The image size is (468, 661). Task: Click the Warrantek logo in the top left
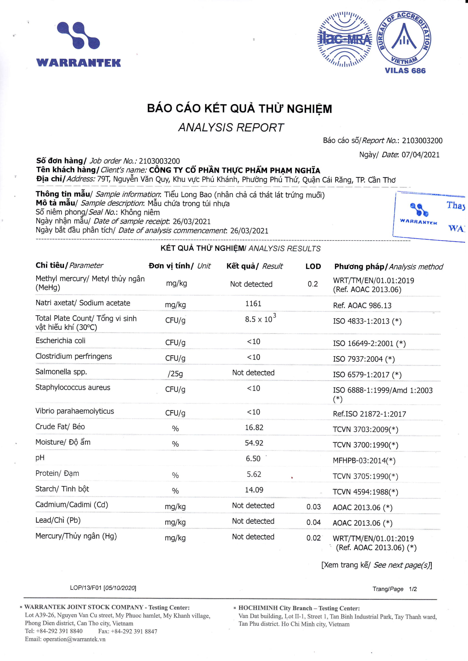click(x=78, y=45)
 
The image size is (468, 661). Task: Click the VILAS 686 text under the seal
click(x=405, y=70)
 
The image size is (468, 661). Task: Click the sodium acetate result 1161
click(x=253, y=304)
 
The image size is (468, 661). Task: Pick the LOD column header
click(x=313, y=266)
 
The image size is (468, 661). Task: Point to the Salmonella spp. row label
click(x=61, y=372)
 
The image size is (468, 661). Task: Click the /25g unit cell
click(x=175, y=374)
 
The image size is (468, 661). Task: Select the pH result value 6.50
click(x=253, y=459)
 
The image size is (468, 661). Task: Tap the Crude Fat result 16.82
click(x=254, y=427)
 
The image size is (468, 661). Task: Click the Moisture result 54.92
click(x=254, y=443)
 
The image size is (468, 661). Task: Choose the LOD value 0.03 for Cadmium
click(x=313, y=507)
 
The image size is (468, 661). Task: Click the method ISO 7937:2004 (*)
click(x=364, y=359)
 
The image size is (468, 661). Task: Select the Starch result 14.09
click(x=254, y=490)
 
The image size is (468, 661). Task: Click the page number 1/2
click(x=413, y=589)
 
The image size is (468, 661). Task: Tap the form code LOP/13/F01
click(x=85, y=588)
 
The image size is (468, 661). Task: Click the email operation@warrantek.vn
click(x=74, y=639)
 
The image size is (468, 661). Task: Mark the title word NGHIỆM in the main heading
click(x=309, y=109)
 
